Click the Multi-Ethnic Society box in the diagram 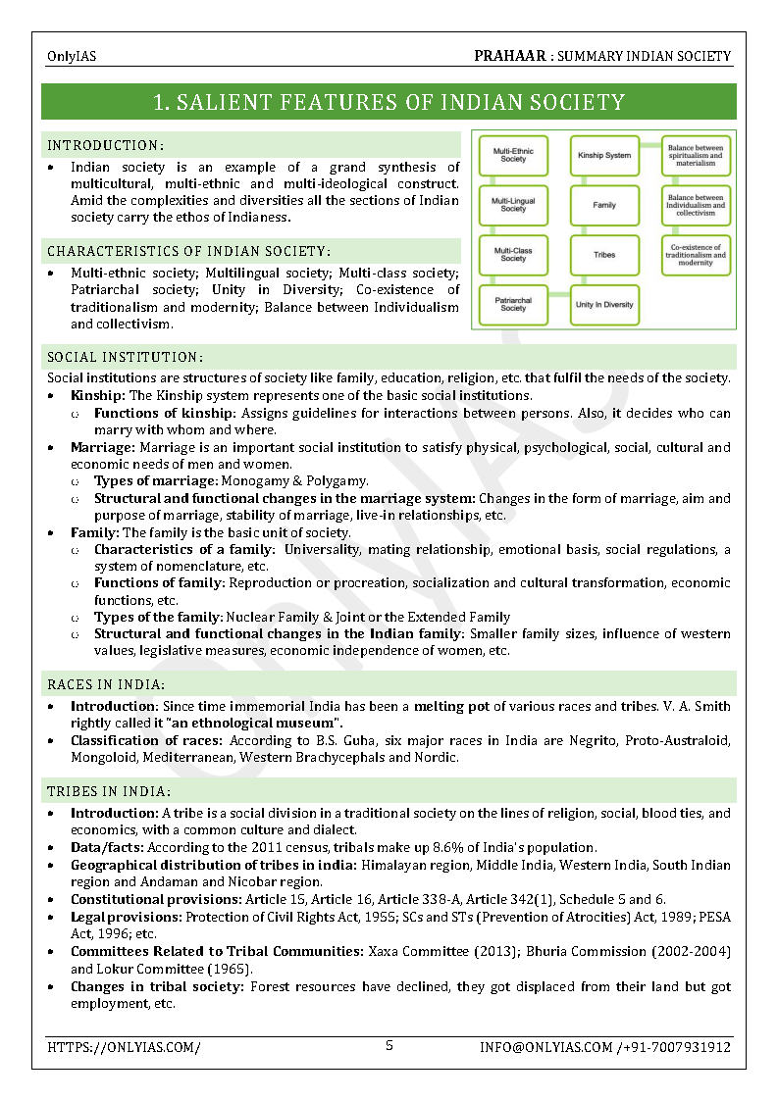[512, 156]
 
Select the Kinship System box [604, 156]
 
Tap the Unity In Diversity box [604, 305]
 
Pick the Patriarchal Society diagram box [512, 305]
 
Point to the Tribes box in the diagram [604, 255]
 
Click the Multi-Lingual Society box [512, 205]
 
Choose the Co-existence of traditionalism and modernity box [696, 255]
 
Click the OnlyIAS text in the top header [72, 57]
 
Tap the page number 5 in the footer [389, 1045]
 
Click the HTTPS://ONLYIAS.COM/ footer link [124, 1047]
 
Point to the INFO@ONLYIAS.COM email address [545, 1047]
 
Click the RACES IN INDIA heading [106, 683]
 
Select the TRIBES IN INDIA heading [109, 791]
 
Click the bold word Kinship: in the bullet [98, 396]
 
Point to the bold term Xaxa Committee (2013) [436, 951]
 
